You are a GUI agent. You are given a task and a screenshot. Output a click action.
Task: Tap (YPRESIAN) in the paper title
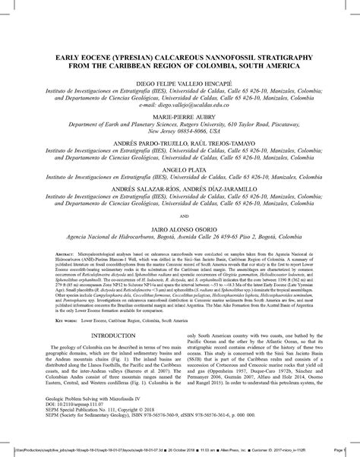point(141,55)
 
